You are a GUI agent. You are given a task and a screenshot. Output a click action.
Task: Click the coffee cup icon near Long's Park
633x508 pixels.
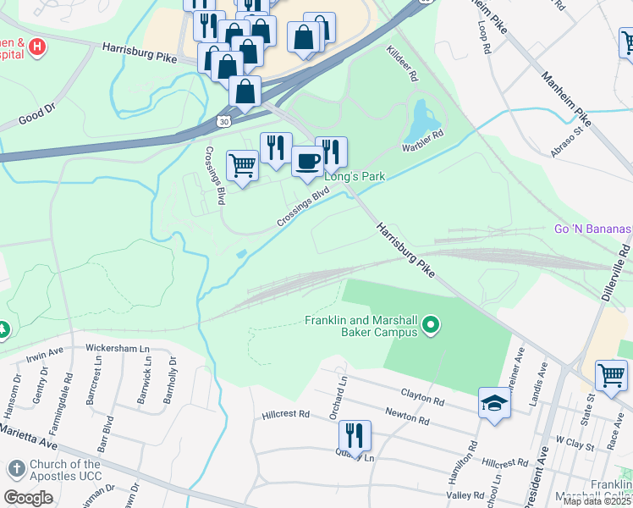tap(307, 160)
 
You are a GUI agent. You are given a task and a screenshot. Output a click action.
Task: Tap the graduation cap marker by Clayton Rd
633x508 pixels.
tap(494, 403)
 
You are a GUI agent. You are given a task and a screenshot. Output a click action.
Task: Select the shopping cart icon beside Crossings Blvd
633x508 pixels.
tap(243, 166)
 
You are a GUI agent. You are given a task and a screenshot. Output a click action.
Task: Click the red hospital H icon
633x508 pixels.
tap(36, 48)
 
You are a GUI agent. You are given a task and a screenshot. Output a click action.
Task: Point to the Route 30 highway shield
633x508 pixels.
tap(223, 122)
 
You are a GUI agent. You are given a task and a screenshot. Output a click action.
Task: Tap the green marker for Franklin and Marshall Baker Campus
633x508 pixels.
tap(432, 325)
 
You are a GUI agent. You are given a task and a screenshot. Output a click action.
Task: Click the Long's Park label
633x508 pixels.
tap(355, 176)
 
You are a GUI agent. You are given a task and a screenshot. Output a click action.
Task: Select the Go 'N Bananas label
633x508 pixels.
tap(592, 229)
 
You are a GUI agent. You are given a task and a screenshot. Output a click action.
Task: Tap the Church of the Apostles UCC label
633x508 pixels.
tap(65, 470)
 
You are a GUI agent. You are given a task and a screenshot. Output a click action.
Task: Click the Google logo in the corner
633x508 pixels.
tap(28, 498)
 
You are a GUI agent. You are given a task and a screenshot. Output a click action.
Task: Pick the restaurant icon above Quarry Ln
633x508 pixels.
tap(355, 435)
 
